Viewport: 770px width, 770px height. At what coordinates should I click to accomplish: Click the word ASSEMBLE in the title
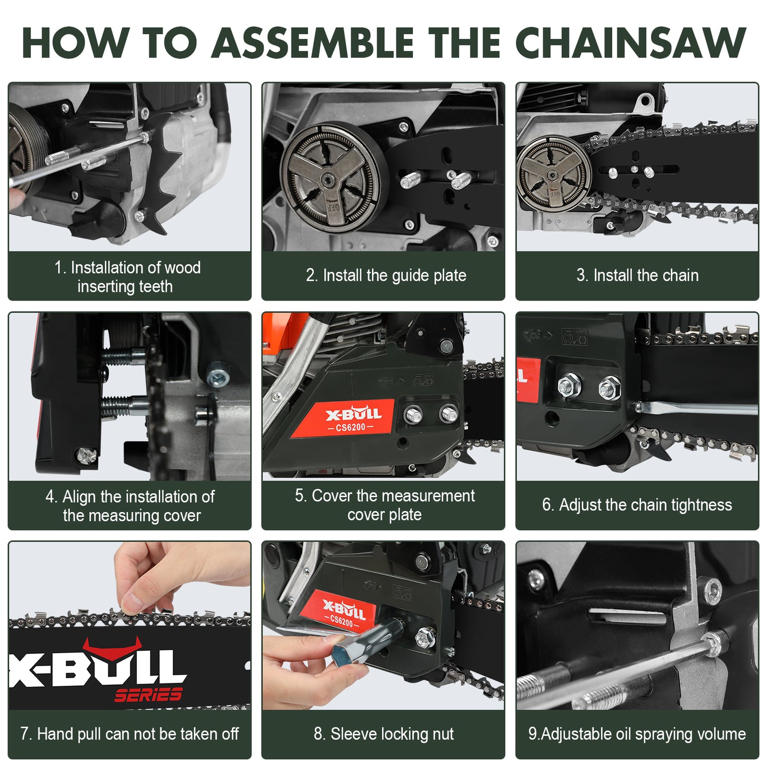[312, 43]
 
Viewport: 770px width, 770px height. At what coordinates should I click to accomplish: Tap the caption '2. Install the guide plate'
[386, 275]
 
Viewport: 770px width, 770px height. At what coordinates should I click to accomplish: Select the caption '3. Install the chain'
[637, 275]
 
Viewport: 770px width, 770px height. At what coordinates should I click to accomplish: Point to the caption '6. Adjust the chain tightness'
[637, 505]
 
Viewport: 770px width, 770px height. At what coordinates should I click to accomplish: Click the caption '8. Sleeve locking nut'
[384, 734]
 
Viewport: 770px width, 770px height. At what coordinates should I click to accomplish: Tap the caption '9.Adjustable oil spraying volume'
[637, 734]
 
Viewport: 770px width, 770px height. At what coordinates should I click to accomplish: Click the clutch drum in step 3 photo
[554, 173]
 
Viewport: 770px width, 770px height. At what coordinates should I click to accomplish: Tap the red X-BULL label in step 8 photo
[344, 613]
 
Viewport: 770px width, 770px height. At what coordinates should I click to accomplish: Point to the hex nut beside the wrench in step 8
[425, 637]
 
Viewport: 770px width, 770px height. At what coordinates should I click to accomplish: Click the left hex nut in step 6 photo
[569, 385]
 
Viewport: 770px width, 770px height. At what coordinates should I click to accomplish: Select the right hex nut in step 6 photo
[609, 388]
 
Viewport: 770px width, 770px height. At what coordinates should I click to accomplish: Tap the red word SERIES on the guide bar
[148, 695]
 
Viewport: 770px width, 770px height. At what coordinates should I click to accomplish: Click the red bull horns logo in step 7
[112, 648]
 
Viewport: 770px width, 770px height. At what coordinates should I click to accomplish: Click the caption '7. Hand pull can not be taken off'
[129, 734]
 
